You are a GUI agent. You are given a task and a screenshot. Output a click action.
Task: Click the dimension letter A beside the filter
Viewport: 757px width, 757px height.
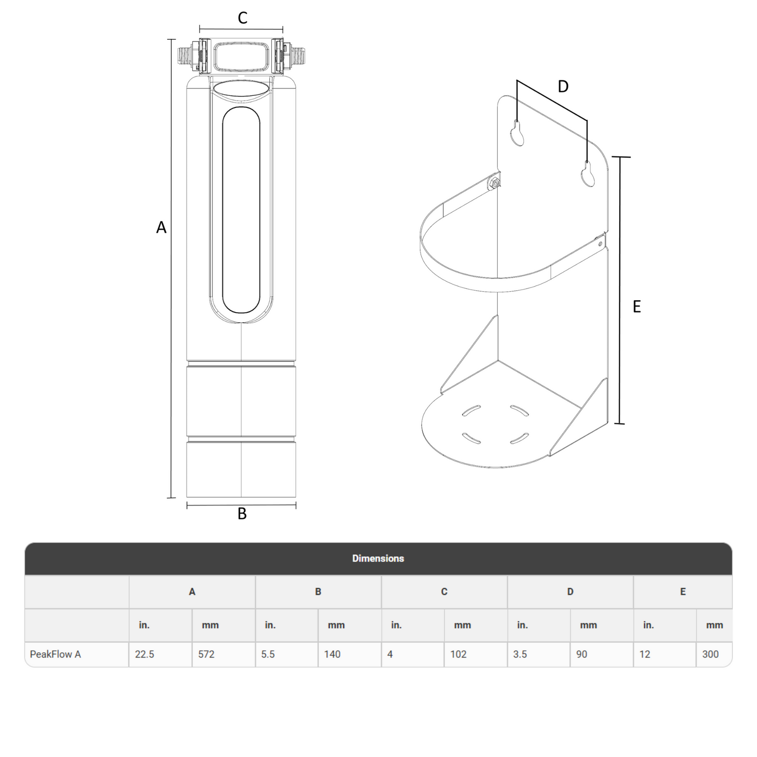[161, 227]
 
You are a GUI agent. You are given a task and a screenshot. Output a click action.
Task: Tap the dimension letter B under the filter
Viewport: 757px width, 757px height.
[242, 514]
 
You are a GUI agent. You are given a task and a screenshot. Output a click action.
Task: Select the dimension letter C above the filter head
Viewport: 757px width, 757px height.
[242, 18]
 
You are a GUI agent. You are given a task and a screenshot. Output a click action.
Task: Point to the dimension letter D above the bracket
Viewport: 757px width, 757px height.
[563, 87]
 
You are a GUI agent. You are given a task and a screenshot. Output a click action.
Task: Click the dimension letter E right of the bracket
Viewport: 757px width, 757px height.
[637, 306]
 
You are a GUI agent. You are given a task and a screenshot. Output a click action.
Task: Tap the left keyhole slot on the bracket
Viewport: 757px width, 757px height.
[518, 133]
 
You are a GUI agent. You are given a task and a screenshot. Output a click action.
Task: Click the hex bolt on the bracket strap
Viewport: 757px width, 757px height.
[493, 183]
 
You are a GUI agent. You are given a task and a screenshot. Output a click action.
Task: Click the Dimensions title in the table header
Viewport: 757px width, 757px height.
[378, 558]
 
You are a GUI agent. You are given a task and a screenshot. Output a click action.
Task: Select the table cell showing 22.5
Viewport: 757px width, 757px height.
[145, 654]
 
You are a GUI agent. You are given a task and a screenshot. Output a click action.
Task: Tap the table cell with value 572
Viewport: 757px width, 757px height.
[206, 654]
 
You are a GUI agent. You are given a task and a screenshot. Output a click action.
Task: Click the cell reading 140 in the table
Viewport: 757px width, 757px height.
[332, 654]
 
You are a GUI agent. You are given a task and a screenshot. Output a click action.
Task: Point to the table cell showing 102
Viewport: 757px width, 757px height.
[458, 654]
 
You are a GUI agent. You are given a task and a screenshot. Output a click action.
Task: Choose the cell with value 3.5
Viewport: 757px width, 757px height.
[520, 654]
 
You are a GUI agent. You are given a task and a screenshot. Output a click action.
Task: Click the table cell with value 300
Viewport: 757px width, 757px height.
[710, 654]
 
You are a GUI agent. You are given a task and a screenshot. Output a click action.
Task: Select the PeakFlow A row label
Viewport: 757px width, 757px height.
[56, 654]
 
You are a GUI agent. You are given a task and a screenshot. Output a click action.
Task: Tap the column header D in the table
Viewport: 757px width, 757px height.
[570, 591]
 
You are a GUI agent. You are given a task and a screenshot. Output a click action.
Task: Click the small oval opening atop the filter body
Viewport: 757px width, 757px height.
[242, 89]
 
